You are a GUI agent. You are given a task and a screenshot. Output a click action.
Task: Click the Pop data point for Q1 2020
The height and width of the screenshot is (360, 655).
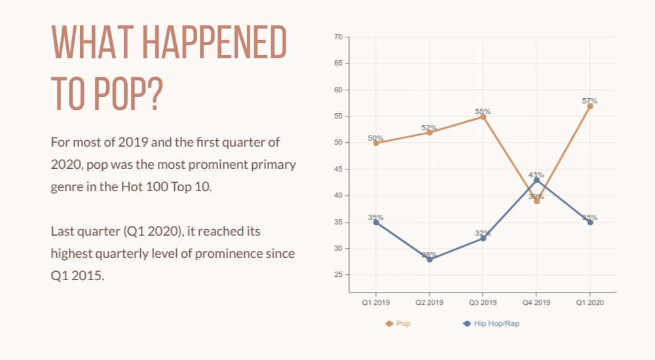pyautogui.click(x=590, y=106)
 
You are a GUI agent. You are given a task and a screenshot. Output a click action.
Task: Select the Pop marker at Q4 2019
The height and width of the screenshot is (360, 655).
pyautogui.click(x=536, y=202)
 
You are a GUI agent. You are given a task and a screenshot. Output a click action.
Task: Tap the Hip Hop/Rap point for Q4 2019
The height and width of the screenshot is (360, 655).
pyautogui.click(x=536, y=180)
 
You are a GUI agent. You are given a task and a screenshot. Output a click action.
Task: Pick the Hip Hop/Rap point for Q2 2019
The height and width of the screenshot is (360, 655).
pyautogui.click(x=430, y=259)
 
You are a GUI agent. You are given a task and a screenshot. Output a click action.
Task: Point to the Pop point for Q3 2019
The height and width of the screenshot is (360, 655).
pyautogui.click(x=483, y=117)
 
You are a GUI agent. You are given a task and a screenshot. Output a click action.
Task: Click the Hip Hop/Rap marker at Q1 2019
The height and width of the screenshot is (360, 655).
pyautogui.click(x=376, y=222)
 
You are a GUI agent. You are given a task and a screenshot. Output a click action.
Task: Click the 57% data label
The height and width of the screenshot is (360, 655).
pyautogui.click(x=590, y=101)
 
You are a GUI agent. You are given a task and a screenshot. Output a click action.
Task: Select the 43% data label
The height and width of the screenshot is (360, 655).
pyautogui.click(x=536, y=175)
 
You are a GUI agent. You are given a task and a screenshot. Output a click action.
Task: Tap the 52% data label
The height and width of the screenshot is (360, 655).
pyautogui.click(x=430, y=128)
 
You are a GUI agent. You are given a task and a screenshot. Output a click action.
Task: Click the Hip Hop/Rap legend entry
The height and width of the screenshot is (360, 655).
pyautogui.click(x=491, y=323)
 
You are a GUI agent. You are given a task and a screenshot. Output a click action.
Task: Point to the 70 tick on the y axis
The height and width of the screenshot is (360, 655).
pyautogui.click(x=339, y=37)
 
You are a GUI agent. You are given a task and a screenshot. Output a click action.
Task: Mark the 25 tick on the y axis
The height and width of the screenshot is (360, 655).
pyautogui.click(x=339, y=275)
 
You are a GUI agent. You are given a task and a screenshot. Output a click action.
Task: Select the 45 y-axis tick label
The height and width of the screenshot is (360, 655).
pyautogui.click(x=339, y=169)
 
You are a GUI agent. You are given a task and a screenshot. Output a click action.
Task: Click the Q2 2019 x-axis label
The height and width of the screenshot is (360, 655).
pyautogui.click(x=430, y=302)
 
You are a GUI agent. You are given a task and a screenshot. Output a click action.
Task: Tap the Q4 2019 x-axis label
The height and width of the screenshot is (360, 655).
pyautogui.click(x=536, y=302)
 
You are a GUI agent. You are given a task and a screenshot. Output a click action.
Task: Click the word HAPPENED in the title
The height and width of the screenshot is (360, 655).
pyautogui.click(x=215, y=42)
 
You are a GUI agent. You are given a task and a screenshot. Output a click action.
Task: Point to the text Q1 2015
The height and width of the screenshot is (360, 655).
pyautogui.click(x=77, y=276)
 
